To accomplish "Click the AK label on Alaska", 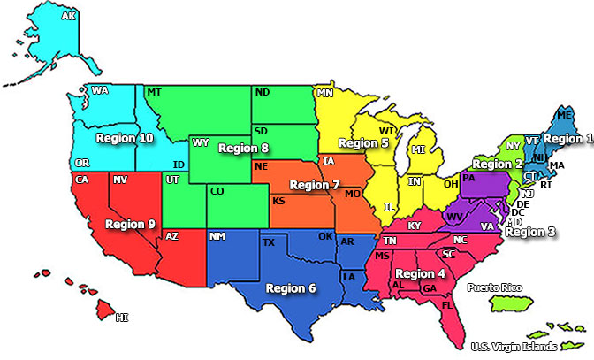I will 68,16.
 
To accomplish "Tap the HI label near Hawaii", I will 122,317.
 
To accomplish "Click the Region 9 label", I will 131,224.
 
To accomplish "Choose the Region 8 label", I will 243,148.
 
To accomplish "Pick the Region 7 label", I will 315,185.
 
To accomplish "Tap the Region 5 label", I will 363,142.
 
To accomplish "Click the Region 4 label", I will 421,273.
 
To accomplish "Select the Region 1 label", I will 567,138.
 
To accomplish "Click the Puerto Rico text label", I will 494,287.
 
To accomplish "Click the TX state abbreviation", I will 269,242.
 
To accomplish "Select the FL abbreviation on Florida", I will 447,304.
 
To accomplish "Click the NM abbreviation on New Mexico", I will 217,236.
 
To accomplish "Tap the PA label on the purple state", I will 468,178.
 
